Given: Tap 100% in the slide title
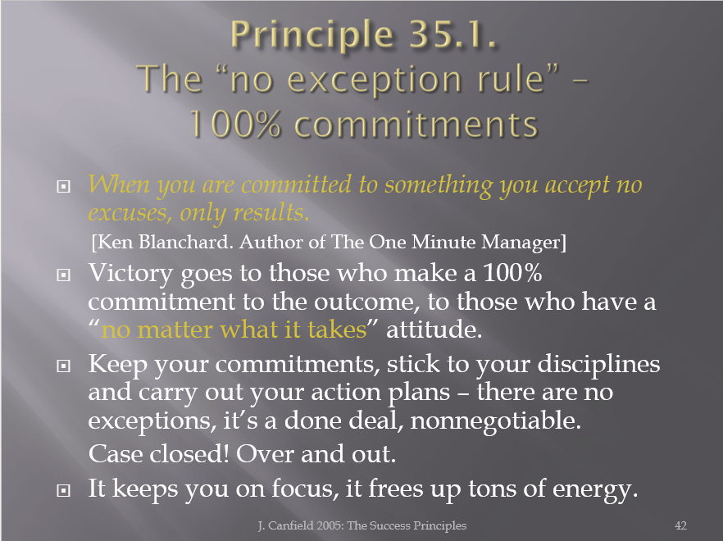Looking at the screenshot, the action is pyautogui.click(x=235, y=124).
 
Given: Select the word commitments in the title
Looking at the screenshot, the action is pyautogui.click(x=416, y=125).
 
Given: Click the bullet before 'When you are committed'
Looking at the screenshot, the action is pyautogui.click(x=63, y=186).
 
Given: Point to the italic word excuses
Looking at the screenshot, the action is pyautogui.click(x=128, y=213).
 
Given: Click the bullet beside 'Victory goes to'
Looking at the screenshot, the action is pyautogui.click(x=63, y=275).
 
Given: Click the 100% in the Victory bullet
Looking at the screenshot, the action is pyautogui.click(x=512, y=273).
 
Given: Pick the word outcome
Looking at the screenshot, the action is pyautogui.click(x=367, y=302).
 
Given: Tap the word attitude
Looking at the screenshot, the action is pyautogui.click(x=434, y=330).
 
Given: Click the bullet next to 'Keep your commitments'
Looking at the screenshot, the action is pyautogui.click(x=63, y=366).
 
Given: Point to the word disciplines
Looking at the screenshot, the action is pyautogui.click(x=599, y=365).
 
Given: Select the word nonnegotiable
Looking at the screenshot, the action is pyautogui.click(x=496, y=421).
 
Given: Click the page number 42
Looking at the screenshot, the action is pyautogui.click(x=680, y=525).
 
